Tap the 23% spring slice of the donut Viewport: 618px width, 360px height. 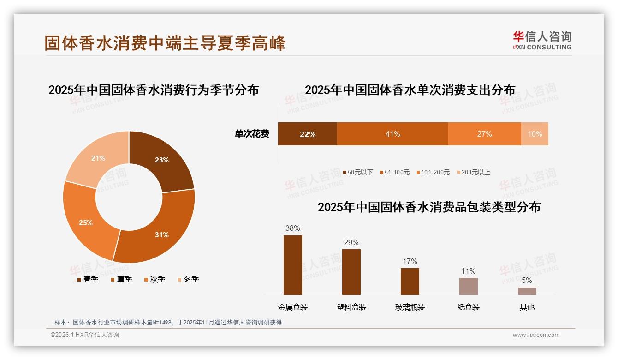click(x=161, y=159)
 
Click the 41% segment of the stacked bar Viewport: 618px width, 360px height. click(x=392, y=134)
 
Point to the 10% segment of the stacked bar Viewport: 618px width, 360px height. click(x=535, y=134)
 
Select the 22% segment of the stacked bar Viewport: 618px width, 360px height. click(x=307, y=134)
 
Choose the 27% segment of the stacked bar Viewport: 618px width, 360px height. click(x=484, y=134)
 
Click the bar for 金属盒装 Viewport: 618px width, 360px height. click(x=292, y=265)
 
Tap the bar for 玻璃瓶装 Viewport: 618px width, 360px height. click(x=410, y=281)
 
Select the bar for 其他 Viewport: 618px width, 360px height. click(x=527, y=291)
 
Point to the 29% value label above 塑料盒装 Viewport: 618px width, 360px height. click(x=351, y=242)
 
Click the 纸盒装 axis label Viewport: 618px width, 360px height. click(x=468, y=307)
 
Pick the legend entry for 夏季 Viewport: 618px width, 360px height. click(x=122, y=279)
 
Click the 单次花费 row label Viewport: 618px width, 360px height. click(x=252, y=134)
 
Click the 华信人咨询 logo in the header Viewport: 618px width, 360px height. click(x=542, y=40)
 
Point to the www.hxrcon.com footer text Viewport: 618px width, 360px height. click(x=536, y=335)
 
